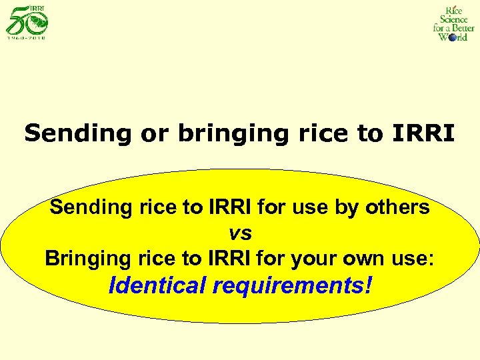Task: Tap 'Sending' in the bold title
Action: tap(79, 133)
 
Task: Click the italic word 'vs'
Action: tap(240, 233)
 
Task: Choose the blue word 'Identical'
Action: tap(157, 285)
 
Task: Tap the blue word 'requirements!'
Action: tap(292, 286)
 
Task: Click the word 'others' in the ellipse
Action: tap(397, 207)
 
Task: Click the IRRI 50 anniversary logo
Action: tap(27, 19)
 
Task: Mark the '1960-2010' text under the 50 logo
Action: tap(27, 37)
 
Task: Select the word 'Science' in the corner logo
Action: tap(453, 19)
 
